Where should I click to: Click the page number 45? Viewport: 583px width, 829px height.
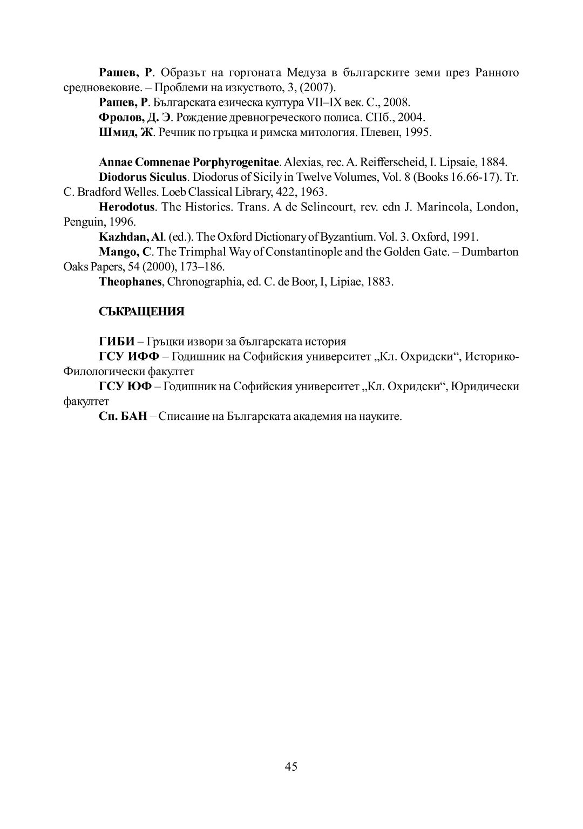tap(291, 767)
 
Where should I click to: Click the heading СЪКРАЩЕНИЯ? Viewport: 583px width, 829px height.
tap(141, 311)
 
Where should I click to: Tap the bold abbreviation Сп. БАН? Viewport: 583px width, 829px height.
tap(123, 417)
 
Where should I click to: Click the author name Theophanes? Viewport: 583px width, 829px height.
tap(131, 282)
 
